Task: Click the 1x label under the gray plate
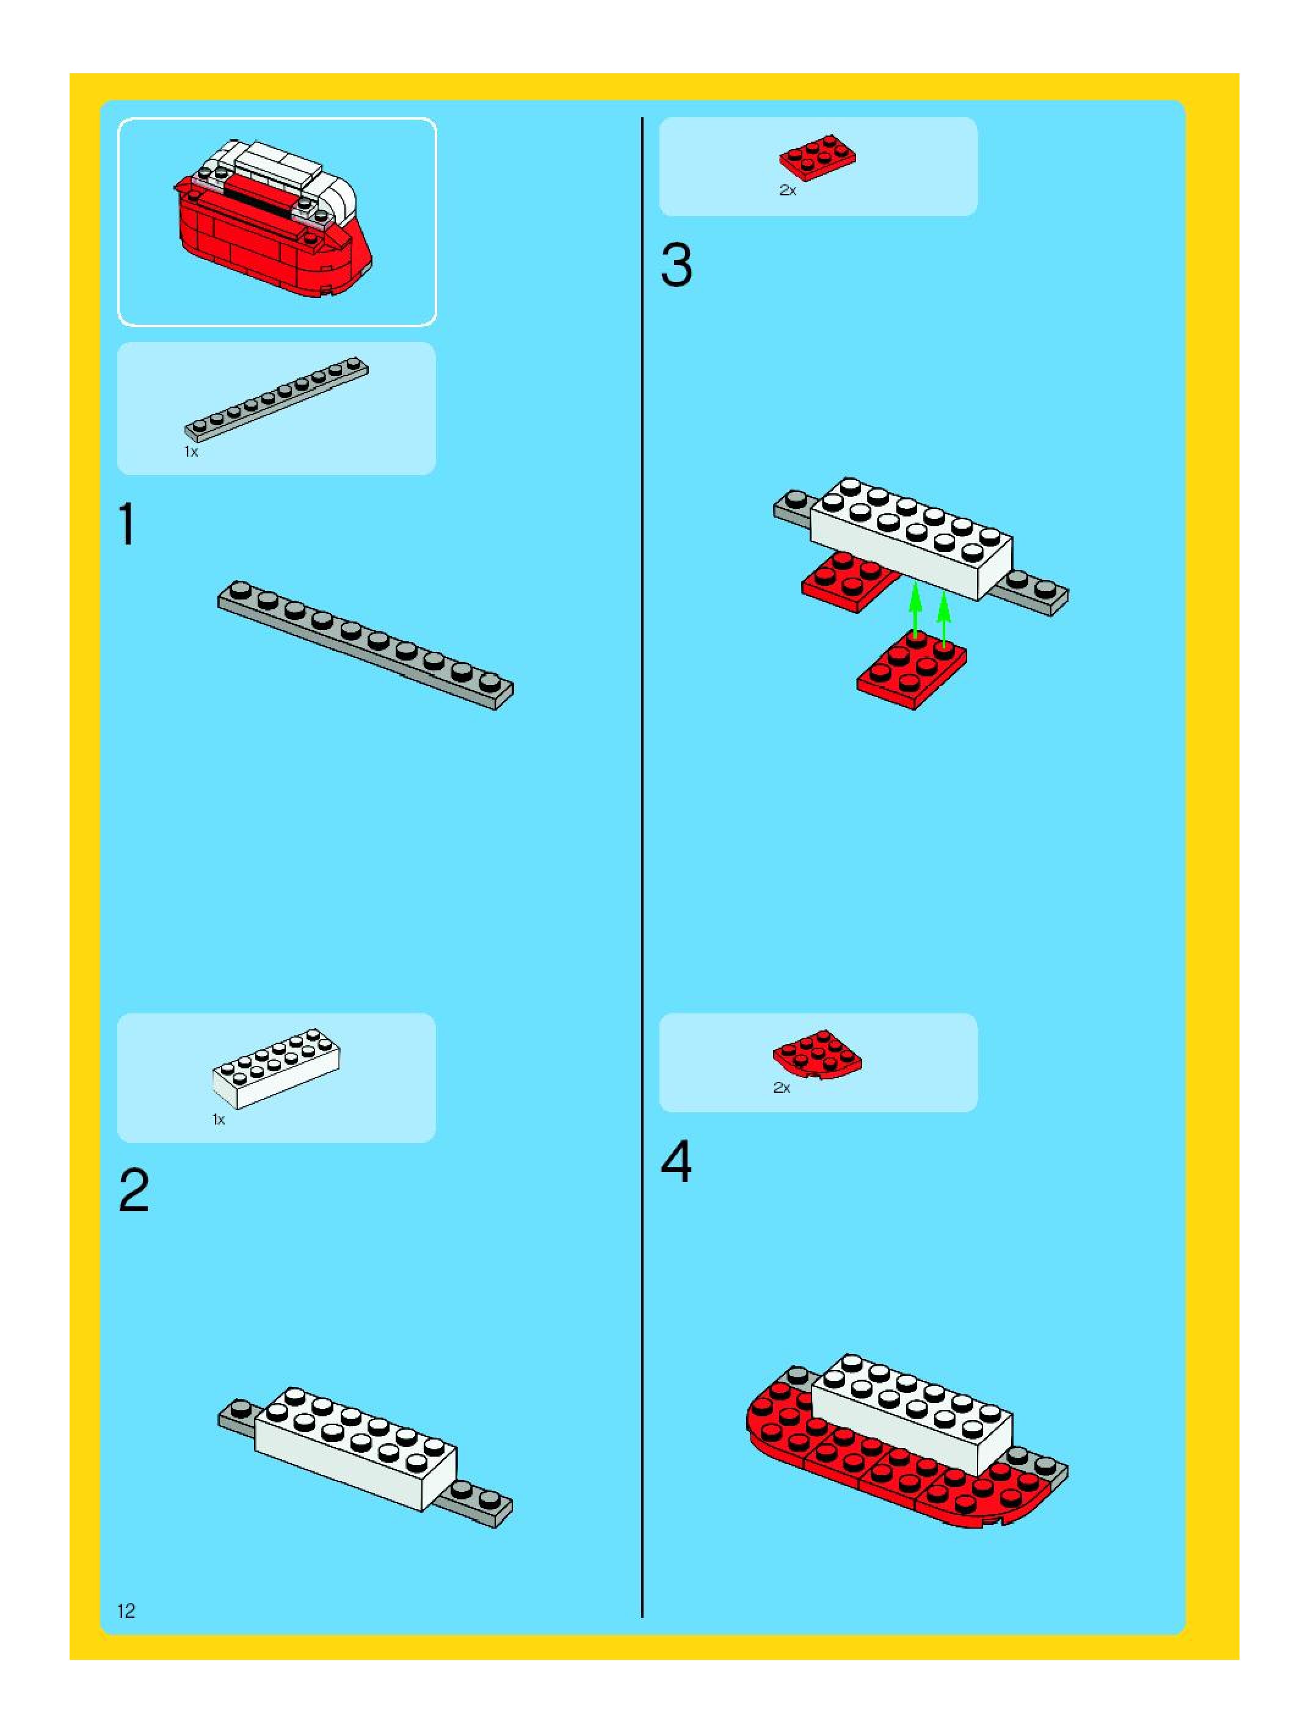(191, 452)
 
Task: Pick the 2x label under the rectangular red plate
(788, 190)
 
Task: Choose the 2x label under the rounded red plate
(782, 1088)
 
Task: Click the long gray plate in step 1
(366, 645)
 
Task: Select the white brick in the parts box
(276, 1068)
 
